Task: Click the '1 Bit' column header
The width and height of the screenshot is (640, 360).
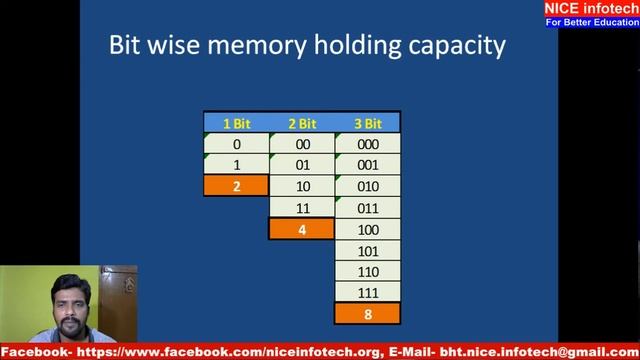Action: (x=236, y=123)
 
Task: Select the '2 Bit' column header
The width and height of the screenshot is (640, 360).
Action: (x=302, y=123)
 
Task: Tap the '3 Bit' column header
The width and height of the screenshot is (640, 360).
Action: (x=368, y=123)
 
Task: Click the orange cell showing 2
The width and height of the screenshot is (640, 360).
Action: (x=236, y=185)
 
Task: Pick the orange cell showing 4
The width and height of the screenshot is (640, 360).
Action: (x=302, y=228)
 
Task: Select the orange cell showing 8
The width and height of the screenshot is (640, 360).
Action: (x=368, y=313)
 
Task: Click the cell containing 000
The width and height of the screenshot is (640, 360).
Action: (x=368, y=144)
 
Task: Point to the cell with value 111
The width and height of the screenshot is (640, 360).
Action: (x=368, y=292)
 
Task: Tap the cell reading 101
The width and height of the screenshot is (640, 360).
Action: (x=368, y=250)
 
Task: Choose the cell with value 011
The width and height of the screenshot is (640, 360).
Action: (x=368, y=207)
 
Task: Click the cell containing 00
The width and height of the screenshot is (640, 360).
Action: (x=302, y=144)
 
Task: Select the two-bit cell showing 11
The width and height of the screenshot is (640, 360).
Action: (x=302, y=207)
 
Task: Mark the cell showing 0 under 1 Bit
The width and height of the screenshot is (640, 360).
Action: (x=236, y=144)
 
